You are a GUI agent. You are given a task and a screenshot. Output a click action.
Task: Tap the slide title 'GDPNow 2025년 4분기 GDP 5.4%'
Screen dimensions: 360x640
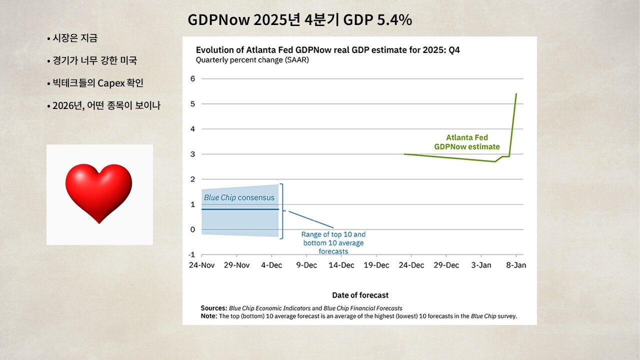(x=299, y=20)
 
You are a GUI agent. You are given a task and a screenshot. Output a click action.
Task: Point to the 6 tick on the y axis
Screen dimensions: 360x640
(x=192, y=78)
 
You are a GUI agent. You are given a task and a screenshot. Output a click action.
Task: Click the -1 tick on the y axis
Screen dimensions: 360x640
(x=191, y=254)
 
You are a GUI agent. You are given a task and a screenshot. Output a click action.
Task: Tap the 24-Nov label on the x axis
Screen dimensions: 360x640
(x=201, y=265)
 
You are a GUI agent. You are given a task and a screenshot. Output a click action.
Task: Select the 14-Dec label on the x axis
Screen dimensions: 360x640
(x=341, y=265)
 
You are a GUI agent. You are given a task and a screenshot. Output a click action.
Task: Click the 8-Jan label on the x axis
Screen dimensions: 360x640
(x=515, y=265)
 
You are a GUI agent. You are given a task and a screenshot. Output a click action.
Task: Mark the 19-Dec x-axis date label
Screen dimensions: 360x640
(x=376, y=265)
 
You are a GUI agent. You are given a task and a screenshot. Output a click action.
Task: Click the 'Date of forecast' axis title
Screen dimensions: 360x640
(x=360, y=295)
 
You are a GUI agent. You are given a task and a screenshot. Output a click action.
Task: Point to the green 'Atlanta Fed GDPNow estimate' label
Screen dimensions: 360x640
(x=467, y=142)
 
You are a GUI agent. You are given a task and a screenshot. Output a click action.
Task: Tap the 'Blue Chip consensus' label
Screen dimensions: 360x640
(x=239, y=197)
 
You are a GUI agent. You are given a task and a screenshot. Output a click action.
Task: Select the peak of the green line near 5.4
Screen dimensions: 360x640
(x=516, y=93)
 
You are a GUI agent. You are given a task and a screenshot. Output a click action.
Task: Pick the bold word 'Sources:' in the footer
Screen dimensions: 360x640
(x=213, y=308)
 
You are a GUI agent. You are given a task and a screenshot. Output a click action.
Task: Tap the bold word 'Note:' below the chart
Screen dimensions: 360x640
(x=209, y=316)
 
